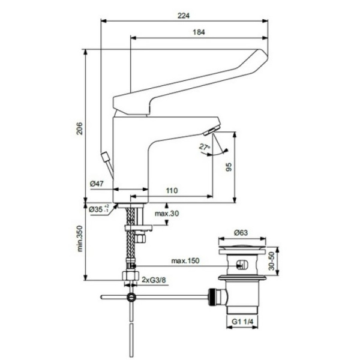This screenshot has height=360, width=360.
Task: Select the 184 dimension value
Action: pos(197,33)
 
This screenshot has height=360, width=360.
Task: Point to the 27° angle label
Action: pos(205,146)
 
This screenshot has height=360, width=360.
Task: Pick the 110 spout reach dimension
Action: pos(172,190)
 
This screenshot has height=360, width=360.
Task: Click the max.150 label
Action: pos(185,261)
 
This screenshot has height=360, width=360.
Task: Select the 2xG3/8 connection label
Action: pos(155,278)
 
